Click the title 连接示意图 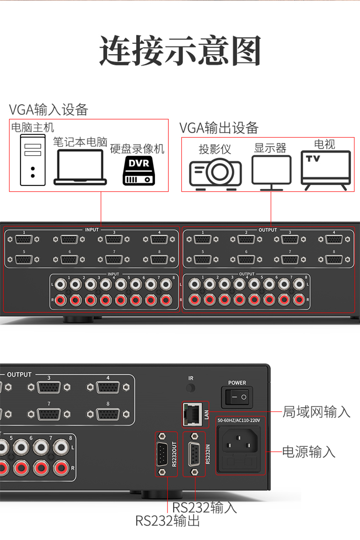point(180,51)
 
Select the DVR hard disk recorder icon point(139,171)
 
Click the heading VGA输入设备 point(48,110)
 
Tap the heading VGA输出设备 point(219,128)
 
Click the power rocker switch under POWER point(237,397)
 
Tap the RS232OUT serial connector point(162,454)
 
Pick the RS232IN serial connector point(194,454)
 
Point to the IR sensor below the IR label point(190,388)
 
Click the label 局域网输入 point(316,411)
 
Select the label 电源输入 point(309,452)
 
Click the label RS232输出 point(167,521)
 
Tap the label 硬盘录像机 point(137,149)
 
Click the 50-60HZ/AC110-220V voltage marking point(238,420)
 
